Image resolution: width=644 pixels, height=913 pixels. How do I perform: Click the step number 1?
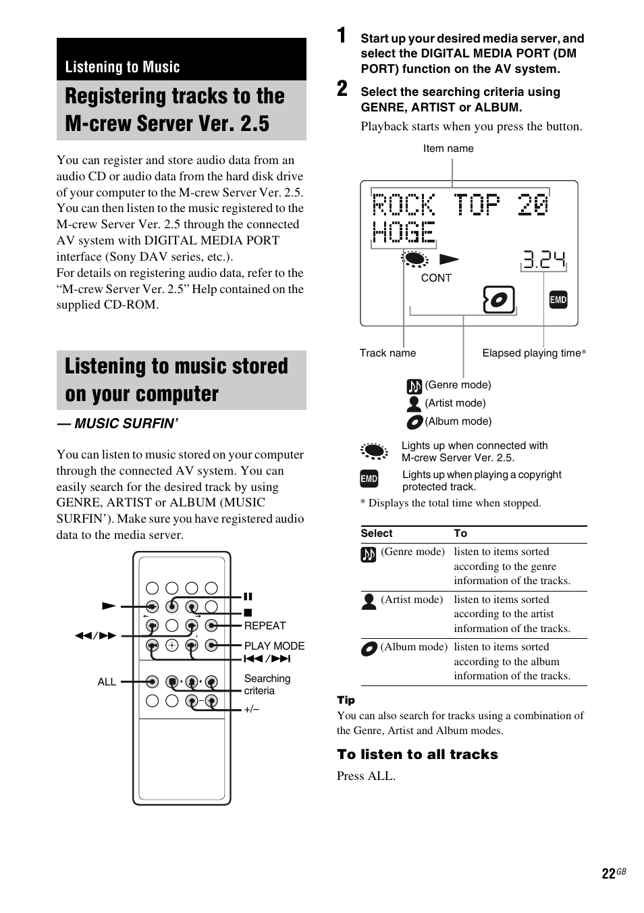pos(342,36)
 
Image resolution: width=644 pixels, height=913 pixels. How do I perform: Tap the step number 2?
pos(342,88)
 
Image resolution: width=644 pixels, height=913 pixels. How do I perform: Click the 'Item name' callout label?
pos(448,149)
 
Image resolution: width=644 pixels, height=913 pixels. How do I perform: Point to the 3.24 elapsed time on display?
pos(543,260)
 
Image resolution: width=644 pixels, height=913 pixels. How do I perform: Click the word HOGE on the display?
pos(404,232)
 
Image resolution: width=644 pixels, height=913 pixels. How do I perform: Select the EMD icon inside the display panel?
pos(558,300)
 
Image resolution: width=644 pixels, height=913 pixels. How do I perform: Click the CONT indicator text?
pos(436,278)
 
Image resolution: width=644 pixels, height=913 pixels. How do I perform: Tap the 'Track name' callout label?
pos(387,353)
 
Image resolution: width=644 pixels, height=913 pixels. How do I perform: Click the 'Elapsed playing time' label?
pos(533,353)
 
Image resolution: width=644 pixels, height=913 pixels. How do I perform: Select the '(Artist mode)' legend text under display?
pos(455,403)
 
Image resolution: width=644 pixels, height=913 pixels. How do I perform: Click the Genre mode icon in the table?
pos(368,554)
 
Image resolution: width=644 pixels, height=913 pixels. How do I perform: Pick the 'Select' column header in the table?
pos(377,533)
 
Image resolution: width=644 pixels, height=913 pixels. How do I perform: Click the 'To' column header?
pos(460,533)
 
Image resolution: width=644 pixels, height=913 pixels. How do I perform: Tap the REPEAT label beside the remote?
pos(265,626)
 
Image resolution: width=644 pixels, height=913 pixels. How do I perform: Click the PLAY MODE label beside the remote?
pos(274,646)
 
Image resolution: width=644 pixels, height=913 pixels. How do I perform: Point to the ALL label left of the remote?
pos(107,682)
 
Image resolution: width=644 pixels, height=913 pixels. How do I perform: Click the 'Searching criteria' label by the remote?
pos(267,685)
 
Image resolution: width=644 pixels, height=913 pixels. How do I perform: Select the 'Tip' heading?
pos(346,700)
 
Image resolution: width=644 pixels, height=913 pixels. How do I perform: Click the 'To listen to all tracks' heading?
pos(417,755)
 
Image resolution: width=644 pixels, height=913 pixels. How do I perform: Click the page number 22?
pos(608,874)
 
